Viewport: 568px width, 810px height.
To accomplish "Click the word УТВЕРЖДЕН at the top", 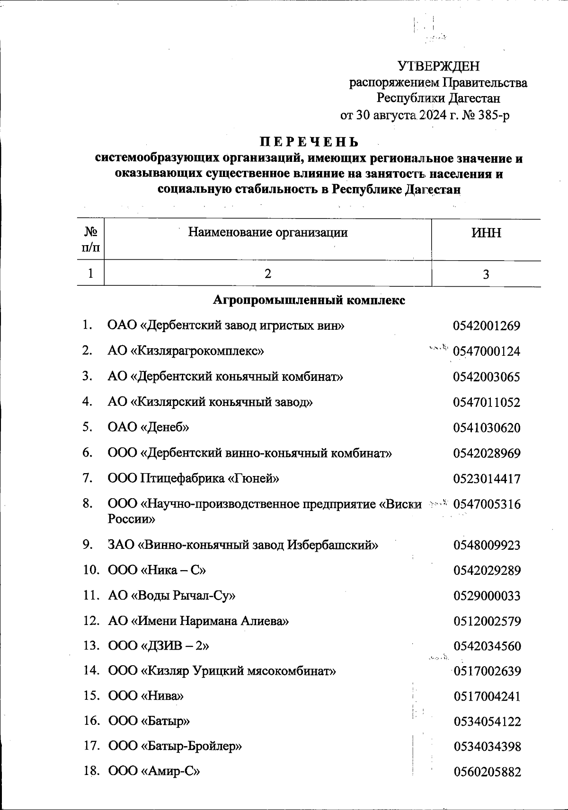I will [438, 66].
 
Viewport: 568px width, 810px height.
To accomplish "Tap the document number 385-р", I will [494, 115].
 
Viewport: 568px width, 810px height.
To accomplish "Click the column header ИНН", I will [486, 233].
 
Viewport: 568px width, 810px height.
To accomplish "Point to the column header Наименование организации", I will [268, 232].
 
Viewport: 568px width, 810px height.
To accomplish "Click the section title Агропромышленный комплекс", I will [309, 300].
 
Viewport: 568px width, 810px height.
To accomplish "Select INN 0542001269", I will [487, 326].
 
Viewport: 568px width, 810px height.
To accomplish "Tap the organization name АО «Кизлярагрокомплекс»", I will [186, 351].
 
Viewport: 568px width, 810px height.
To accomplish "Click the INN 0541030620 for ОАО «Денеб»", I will [487, 428].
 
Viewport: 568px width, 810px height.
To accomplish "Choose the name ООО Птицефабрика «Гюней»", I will [194, 478].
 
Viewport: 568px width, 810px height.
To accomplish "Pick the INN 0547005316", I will [487, 504].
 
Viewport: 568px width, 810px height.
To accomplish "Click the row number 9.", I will [88, 545].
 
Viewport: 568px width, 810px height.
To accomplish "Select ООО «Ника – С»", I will [157, 570].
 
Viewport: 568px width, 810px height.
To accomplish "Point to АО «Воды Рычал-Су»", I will [172, 595].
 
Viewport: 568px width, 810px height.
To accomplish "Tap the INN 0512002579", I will [487, 621].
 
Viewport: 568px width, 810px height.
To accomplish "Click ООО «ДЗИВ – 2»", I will [159, 646].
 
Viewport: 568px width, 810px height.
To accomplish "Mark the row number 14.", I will [90, 671].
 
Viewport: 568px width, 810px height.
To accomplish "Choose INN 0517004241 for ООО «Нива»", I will [487, 696].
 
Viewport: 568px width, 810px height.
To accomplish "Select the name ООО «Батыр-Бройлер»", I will [175, 747].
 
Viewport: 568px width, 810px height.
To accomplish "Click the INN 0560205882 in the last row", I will [487, 772].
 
